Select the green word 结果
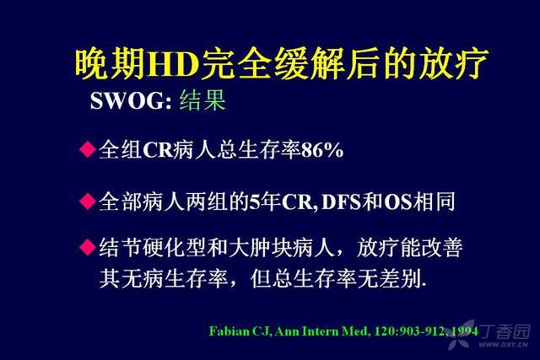click(x=202, y=100)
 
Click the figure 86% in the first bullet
click(x=322, y=150)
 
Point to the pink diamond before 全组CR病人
click(x=88, y=149)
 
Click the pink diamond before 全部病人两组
click(x=88, y=201)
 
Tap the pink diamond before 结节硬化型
click(x=88, y=247)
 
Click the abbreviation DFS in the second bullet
click(x=342, y=202)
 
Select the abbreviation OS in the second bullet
click(x=398, y=202)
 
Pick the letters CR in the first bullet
click(x=158, y=150)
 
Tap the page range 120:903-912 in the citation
click(x=410, y=331)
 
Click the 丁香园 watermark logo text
click(x=505, y=331)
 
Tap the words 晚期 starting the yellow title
click(x=110, y=64)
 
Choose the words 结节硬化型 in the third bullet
click(x=153, y=247)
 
